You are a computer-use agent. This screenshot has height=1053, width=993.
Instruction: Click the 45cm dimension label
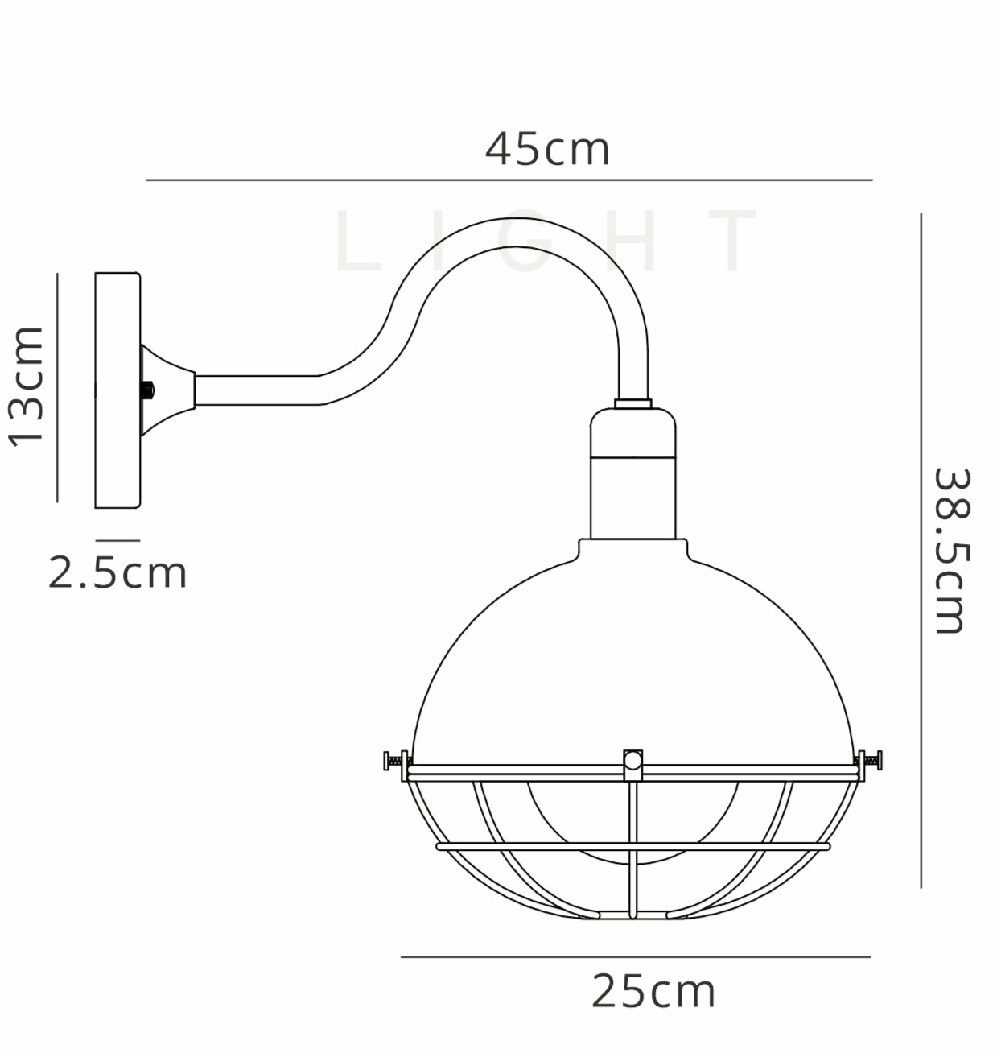click(547, 150)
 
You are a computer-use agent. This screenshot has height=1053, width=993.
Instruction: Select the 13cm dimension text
click(27, 386)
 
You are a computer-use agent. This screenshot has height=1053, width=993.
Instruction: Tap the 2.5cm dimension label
click(117, 573)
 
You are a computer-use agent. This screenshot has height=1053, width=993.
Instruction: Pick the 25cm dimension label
click(653, 991)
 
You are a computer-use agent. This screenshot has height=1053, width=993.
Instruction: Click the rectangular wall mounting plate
click(117, 390)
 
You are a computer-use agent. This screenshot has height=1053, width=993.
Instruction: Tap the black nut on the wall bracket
click(147, 390)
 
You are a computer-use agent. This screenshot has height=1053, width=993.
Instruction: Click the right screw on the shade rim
click(869, 759)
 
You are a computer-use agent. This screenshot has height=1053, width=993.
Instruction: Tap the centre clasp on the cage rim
click(633, 764)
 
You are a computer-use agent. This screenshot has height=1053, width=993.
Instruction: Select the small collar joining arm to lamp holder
click(633, 403)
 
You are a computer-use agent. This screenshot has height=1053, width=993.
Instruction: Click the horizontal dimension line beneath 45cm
click(509, 180)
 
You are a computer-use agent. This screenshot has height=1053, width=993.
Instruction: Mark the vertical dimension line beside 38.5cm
click(921, 551)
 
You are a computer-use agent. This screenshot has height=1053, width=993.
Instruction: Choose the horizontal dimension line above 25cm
click(636, 957)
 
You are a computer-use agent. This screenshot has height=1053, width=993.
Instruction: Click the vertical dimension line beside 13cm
click(58, 387)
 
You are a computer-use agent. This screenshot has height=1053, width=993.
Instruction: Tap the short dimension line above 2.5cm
click(117, 540)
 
